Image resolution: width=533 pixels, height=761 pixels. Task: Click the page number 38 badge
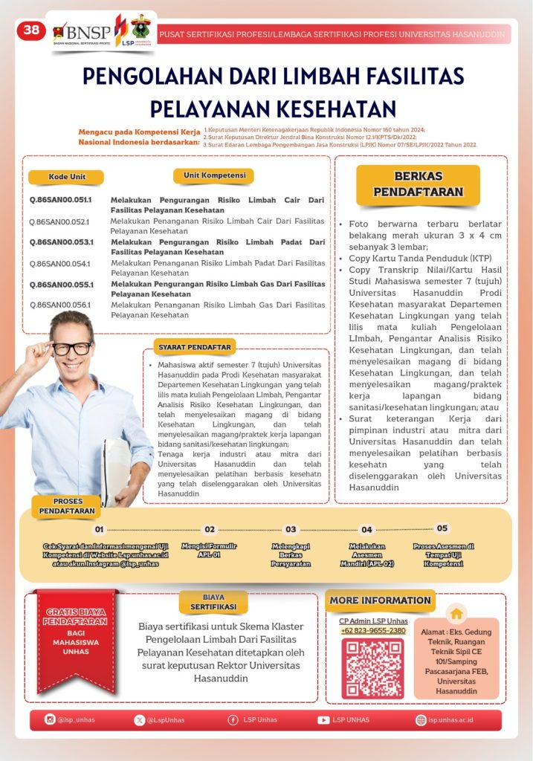(31, 30)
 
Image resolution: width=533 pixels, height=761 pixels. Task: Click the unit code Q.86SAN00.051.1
(60, 200)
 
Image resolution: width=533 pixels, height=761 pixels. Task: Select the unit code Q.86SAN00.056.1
(59, 305)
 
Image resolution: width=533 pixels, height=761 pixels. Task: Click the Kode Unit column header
(65, 177)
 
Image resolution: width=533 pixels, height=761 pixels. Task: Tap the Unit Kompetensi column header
(213, 175)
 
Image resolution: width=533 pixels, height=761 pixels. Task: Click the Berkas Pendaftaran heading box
(418, 184)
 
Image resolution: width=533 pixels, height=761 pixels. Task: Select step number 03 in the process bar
(291, 530)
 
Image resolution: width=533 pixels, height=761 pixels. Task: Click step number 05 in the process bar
(442, 528)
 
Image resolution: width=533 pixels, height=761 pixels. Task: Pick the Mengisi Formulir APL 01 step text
(209, 551)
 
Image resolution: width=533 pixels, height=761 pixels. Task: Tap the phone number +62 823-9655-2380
(373, 631)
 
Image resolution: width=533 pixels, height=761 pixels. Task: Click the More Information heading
(380, 600)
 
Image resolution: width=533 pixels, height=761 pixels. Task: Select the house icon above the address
(456, 613)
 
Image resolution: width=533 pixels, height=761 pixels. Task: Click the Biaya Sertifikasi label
(213, 602)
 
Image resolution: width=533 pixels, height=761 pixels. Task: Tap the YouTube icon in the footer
(323, 720)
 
